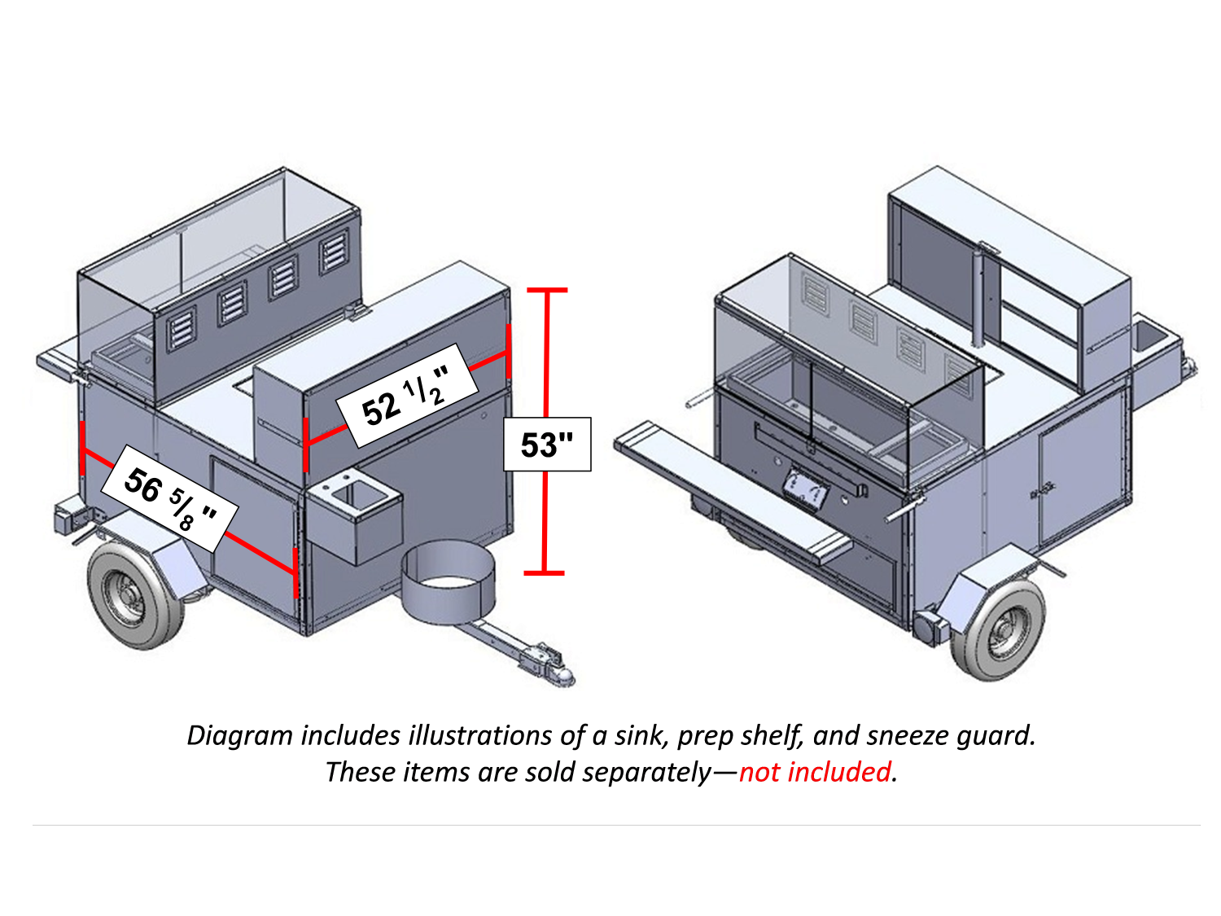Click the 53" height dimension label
(x=547, y=445)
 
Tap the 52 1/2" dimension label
(x=405, y=397)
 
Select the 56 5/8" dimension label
(x=169, y=498)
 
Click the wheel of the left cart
(x=128, y=594)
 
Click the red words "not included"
(x=815, y=772)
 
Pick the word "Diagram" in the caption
(x=239, y=735)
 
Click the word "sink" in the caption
(x=641, y=735)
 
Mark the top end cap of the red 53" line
(x=546, y=290)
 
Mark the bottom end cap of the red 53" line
(x=544, y=573)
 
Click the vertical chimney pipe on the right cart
(x=979, y=297)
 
